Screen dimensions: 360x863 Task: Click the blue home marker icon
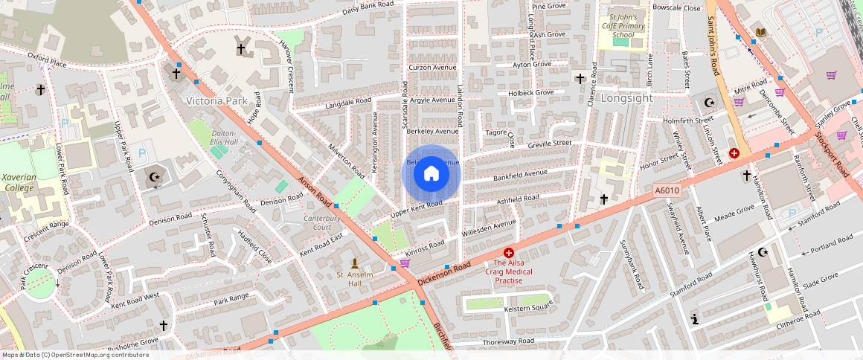pos(431,174)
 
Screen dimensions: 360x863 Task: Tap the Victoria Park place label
pos(216,100)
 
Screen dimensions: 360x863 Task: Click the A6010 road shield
pos(667,191)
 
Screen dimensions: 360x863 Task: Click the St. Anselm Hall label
pos(354,279)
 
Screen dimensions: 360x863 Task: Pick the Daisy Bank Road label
pos(367,10)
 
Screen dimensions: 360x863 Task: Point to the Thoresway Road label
pos(508,341)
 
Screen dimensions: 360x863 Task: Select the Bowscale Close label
pos(676,8)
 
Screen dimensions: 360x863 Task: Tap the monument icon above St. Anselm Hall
pos(354,263)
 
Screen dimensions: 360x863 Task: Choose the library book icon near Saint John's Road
pos(760,31)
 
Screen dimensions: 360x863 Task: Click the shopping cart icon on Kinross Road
pos(405,263)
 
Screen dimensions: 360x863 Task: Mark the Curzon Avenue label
pos(432,68)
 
